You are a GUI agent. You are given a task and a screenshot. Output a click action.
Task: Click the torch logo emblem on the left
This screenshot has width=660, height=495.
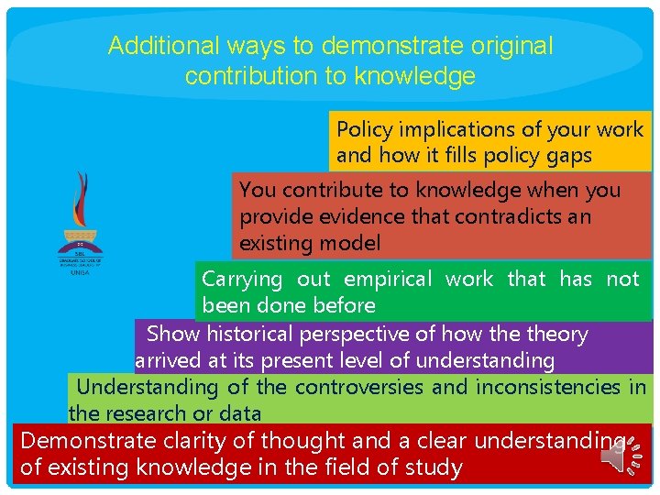click(82, 213)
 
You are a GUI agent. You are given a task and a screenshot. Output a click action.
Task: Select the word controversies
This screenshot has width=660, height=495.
click(359, 387)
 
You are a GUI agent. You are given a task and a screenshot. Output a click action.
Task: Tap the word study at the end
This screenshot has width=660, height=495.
click(432, 467)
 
